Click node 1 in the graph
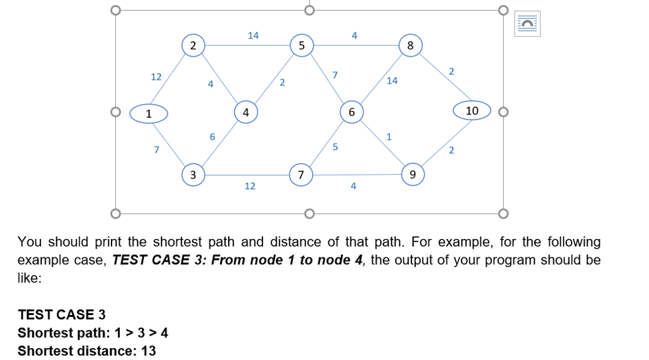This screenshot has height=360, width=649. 149,113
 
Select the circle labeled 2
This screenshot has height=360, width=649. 193,45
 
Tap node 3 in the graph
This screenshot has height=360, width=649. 193,174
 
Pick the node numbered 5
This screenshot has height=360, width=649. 302,45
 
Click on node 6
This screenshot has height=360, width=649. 351,112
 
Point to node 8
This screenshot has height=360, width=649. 410,46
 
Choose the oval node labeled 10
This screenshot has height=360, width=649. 472,111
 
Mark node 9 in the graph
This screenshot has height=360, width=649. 413,174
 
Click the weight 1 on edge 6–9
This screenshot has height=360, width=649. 389,136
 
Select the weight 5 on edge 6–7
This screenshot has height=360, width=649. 335,147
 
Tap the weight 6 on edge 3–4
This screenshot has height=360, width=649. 212,136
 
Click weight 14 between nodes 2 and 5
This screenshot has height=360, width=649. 253,35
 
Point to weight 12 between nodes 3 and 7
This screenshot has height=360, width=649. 250,186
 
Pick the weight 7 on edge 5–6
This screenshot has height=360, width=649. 335,75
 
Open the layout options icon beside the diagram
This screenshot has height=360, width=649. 527,24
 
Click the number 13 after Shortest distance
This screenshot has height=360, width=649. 148,350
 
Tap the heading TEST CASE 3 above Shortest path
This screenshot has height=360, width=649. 62,314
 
